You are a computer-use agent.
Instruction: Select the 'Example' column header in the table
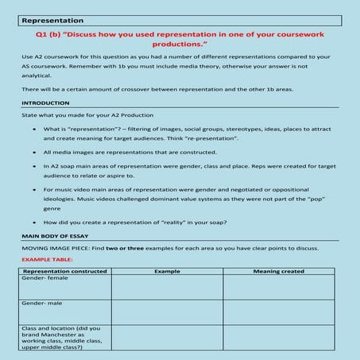[x=167, y=272]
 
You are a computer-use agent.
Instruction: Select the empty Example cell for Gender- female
[x=167, y=288]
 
